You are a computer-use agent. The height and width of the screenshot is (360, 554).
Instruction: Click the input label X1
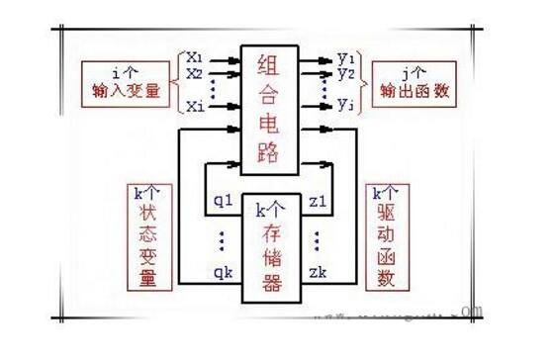pos(194,57)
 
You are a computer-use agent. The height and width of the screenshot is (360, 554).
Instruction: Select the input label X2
pos(194,72)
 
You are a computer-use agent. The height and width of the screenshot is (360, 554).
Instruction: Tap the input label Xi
pos(194,105)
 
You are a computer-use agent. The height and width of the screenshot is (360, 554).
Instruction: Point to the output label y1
pos(346,57)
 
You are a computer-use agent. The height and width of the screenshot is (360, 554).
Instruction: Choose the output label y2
pos(346,72)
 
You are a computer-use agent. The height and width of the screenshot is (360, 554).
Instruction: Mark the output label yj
pos(346,105)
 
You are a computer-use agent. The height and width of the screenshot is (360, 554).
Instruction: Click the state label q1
pos(223,202)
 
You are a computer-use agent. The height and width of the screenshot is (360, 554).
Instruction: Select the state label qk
pos(223,270)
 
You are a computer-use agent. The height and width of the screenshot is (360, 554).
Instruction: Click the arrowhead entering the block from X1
pos(234,59)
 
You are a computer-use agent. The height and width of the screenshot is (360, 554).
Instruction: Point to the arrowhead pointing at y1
pos(328,59)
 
